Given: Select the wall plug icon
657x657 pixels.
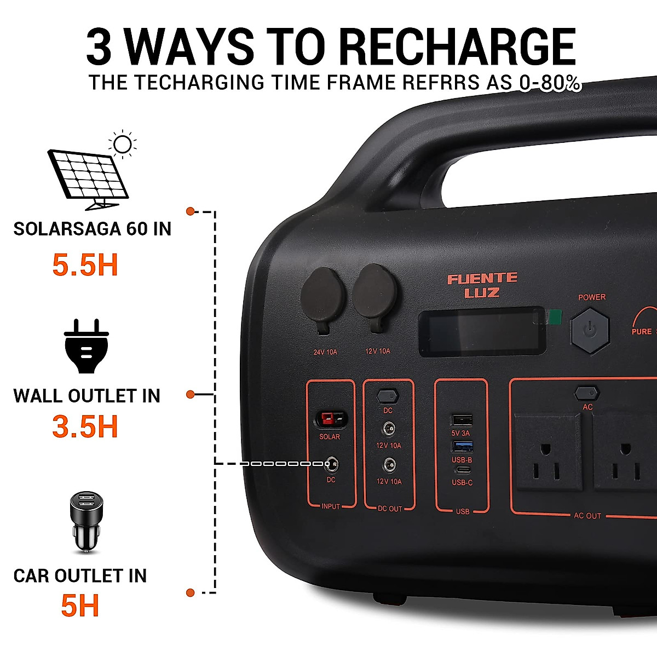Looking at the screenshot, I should (x=87, y=347).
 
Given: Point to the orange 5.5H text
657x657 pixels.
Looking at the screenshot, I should (x=85, y=265).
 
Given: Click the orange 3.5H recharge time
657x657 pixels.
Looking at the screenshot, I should (x=85, y=427).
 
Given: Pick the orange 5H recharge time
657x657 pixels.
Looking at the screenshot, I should (x=80, y=606).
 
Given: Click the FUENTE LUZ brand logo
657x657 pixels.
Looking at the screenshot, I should (x=482, y=285).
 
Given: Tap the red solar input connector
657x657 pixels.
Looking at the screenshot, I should (x=330, y=419).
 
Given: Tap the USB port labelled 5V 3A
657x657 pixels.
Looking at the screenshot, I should (x=462, y=420).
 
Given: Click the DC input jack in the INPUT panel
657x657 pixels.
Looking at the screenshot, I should (x=331, y=465).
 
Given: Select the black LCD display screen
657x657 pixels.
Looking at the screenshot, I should (x=482, y=332).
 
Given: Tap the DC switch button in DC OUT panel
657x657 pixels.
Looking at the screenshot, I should (x=388, y=395).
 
